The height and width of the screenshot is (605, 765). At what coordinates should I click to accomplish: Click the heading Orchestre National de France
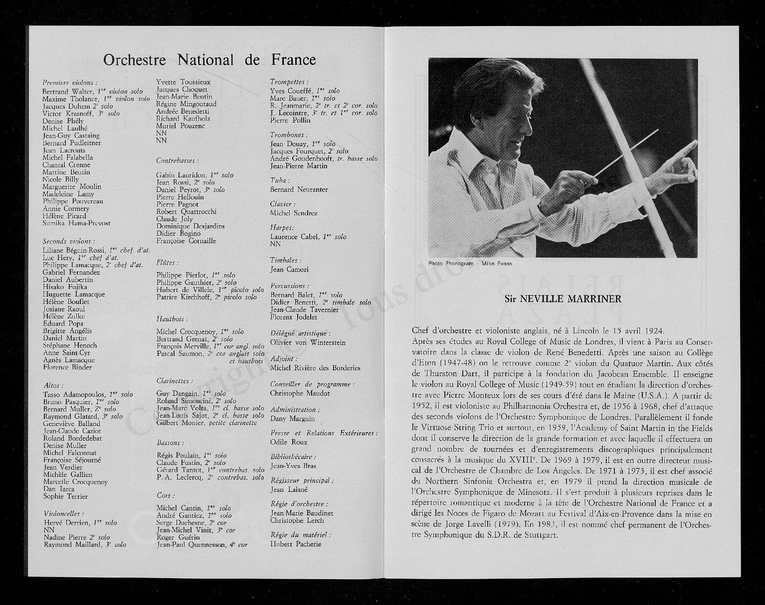(209, 60)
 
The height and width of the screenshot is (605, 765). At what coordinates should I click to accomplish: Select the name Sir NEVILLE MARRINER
(563, 299)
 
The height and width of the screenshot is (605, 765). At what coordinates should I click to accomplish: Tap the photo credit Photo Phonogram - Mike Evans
(470, 263)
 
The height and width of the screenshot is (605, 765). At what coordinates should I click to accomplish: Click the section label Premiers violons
(70, 82)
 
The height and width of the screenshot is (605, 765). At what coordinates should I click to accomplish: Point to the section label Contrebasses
(178, 160)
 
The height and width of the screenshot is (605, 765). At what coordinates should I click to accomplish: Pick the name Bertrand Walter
(67, 92)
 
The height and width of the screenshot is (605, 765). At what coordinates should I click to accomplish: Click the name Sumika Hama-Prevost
(76, 223)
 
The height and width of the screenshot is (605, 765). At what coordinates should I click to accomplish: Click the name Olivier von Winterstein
(308, 342)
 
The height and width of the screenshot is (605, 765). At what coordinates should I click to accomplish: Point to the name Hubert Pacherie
(296, 544)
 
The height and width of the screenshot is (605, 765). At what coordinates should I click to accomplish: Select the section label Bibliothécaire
(293, 456)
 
